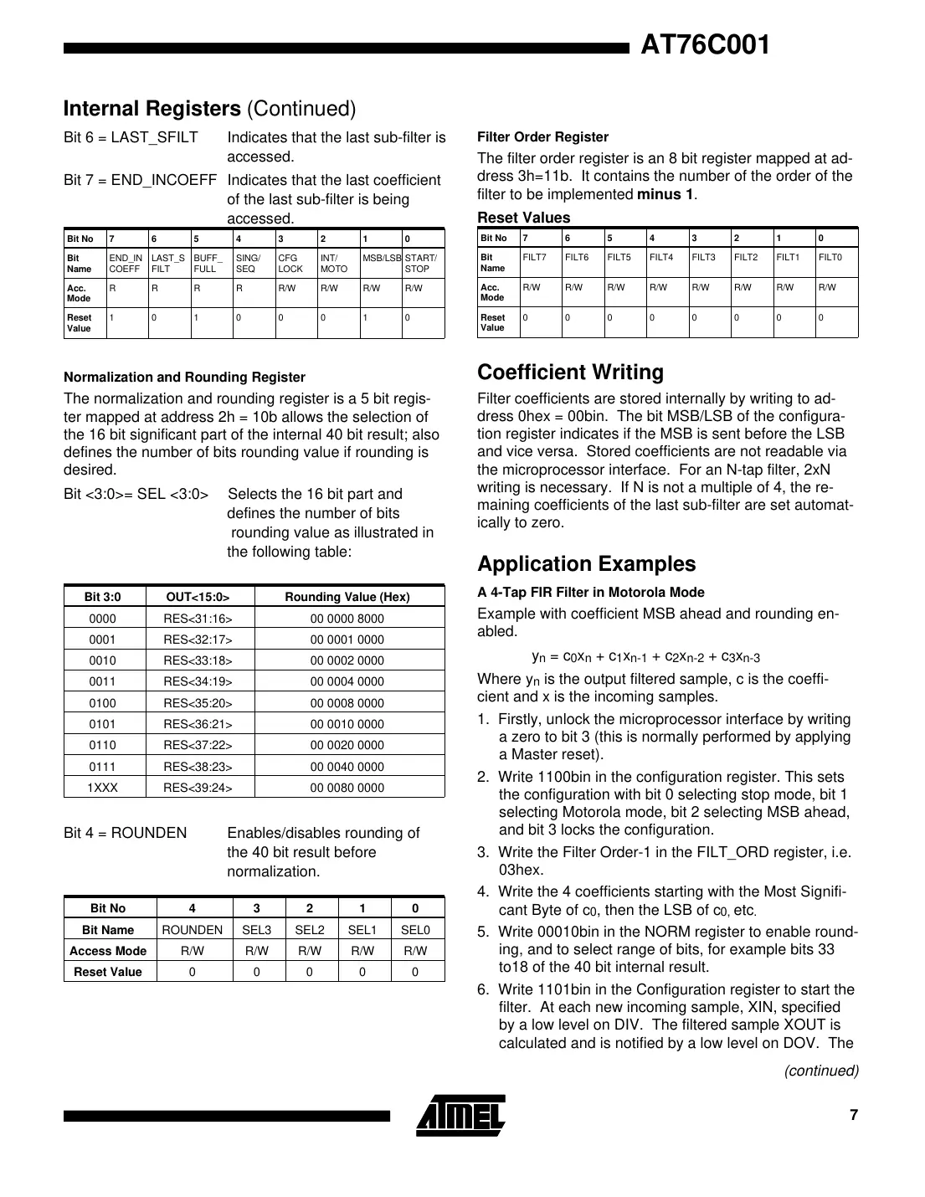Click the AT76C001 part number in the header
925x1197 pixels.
coord(704,45)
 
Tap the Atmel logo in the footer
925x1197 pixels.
coord(460,1115)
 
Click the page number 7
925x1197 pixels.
coord(853,1115)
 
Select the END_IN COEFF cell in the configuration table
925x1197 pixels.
coord(126,264)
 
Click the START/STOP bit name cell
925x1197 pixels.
coord(421,264)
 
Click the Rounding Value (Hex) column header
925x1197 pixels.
coord(347,597)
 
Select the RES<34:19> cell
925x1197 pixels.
coord(198,681)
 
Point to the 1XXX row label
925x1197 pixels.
coord(103,788)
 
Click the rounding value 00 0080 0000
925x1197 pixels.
coord(347,788)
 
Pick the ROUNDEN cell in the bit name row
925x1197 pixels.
coord(192,930)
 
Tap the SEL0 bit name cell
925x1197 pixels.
coord(415,930)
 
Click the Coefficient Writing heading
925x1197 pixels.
coord(570,372)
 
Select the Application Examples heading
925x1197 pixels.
coord(586,564)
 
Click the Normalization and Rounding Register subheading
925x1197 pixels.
coord(184,378)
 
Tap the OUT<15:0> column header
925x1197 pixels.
coord(198,597)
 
